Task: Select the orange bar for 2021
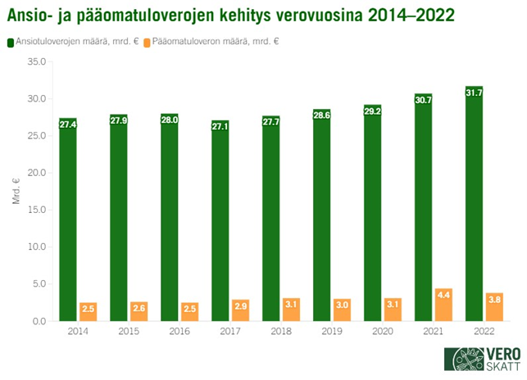[444, 307]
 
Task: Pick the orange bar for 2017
[241, 312]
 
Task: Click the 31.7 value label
[474, 92]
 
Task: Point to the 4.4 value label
[444, 293]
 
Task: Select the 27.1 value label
[220, 126]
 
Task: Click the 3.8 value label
[495, 298]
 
